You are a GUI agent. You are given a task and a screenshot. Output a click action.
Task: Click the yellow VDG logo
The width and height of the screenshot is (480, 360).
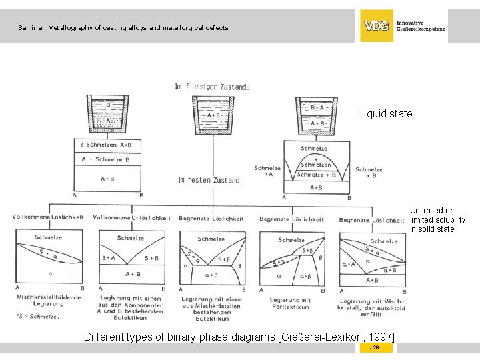pyautogui.click(x=377, y=26)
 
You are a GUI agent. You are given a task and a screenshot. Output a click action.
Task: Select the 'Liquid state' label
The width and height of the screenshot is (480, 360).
pyautogui.click(x=385, y=114)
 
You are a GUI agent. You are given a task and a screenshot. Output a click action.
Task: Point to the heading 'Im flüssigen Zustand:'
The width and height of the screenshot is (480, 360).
pyautogui.click(x=211, y=87)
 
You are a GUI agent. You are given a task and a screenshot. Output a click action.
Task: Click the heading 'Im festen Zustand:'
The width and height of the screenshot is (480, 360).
pyautogui.click(x=210, y=180)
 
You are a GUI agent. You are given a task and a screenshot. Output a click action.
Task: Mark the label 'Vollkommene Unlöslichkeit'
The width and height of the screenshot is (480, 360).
pyautogui.click(x=131, y=218)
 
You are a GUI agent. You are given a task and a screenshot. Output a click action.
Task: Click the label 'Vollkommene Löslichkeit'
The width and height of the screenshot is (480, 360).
pyautogui.click(x=48, y=217)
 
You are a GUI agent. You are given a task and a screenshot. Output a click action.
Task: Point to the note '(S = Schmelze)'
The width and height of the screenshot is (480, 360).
pyautogui.click(x=38, y=317)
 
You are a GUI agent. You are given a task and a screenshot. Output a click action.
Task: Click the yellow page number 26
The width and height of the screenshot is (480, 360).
pyautogui.click(x=376, y=348)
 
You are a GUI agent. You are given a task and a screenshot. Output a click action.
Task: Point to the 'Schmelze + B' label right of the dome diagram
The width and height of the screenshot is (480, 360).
pyautogui.click(x=369, y=173)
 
